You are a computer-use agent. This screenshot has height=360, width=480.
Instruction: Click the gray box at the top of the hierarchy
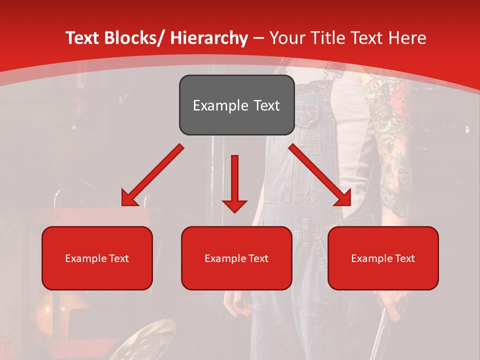click(x=236, y=105)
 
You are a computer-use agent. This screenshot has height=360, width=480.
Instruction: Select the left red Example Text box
click(x=97, y=258)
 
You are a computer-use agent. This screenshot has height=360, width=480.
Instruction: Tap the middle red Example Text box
click(x=236, y=258)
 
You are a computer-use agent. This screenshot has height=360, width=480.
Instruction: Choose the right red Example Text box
click(x=383, y=258)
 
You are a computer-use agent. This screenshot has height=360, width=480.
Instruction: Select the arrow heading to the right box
click(x=320, y=175)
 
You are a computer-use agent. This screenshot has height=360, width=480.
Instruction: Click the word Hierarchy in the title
click(x=209, y=38)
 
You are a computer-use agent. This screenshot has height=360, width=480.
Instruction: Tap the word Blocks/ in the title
click(x=133, y=38)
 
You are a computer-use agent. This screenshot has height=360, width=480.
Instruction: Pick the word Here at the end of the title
click(x=406, y=38)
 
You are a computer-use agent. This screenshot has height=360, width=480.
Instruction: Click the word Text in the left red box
click(x=119, y=258)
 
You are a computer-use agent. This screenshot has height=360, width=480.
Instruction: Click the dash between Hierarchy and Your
click(x=258, y=38)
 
